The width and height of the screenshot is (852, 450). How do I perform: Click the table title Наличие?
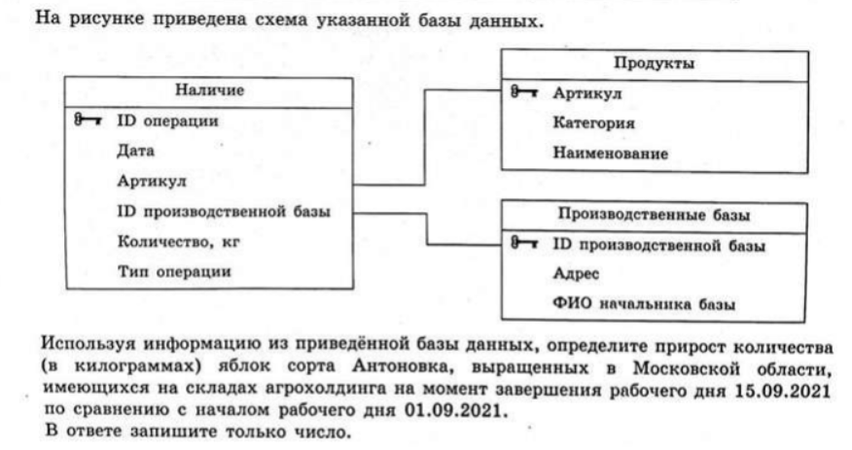click(x=209, y=90)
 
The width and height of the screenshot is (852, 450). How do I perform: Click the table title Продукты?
click(x=655, y=63)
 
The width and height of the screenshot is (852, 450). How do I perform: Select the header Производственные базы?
click(x=654, y=215)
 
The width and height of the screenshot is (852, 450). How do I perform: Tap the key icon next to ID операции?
click(x=88, y=120)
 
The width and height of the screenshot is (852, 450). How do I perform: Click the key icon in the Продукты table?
click(x=524, y=92)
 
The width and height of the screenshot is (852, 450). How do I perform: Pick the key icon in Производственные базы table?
click(x=524, y=243)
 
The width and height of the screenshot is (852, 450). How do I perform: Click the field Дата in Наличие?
click(x=136, y=151)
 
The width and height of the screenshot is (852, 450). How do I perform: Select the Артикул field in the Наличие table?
click(x=152, y=181)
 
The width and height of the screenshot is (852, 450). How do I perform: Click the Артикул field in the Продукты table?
click(x=587, y=93)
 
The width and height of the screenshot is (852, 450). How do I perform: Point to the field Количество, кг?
click(x=178, y=242)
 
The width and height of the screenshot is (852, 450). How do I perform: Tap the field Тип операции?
click(x=174, y=271)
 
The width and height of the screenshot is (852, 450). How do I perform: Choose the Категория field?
click(x=594, y=123)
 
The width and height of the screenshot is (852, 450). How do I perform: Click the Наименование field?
click(x=610, y=153)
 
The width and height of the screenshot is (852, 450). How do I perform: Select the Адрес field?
click(x=576, y=273)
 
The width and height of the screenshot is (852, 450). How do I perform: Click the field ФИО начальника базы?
click(x=644, y=303)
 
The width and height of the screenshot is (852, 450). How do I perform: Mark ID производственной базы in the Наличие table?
click(x=224, y=211)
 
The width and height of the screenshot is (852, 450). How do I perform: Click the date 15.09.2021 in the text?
click(x=782, y=391)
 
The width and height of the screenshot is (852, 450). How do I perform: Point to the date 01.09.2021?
click(x=452, y=410)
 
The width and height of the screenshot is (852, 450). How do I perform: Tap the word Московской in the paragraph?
click(x=687, y=369)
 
